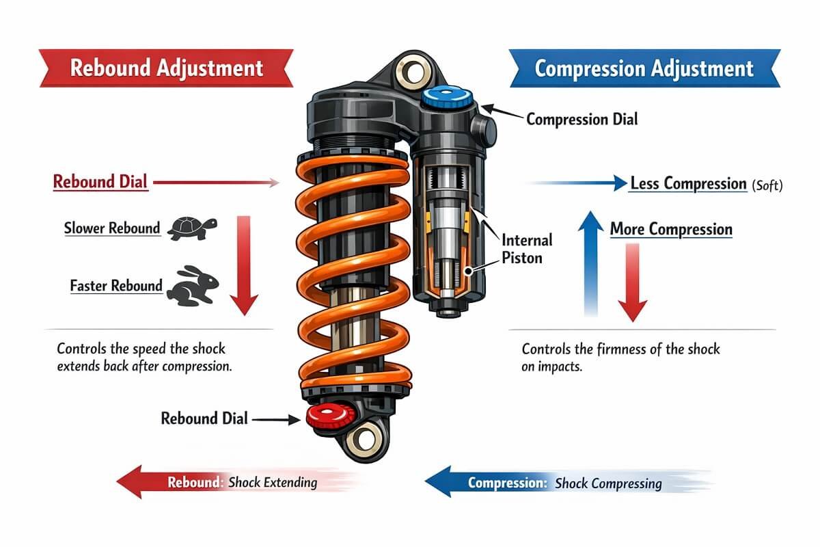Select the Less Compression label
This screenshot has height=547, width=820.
(x=687, y=184)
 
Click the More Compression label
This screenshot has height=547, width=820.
(x=670, y=229)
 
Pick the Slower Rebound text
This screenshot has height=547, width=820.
(x=112, y=229)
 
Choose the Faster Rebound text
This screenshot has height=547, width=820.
(x=116, y=285)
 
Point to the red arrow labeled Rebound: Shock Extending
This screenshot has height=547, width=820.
(x=219, y=482)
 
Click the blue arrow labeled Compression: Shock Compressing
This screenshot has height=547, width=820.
(x=547, y=483)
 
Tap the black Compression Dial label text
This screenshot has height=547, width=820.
(x=582, y=119)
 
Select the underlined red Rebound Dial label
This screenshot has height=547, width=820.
(x=100, y=183)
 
